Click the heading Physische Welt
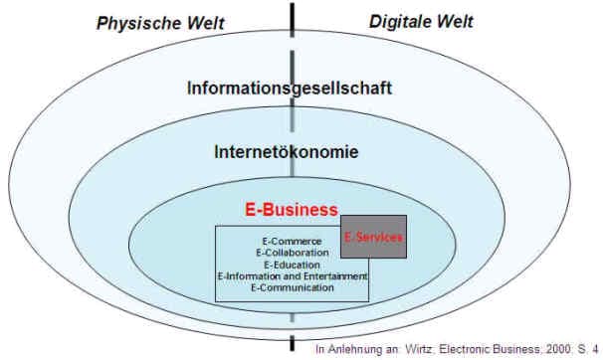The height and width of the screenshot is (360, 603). pos(159,22)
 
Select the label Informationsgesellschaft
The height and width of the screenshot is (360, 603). pos(290,88)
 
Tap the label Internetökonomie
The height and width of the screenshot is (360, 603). pos(287,152)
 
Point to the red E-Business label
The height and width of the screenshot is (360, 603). pos(291,211)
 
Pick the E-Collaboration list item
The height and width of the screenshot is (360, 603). pos(292,254)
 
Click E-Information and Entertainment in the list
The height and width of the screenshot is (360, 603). pos(292,275)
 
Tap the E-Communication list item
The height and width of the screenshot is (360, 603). pos(292,287)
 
